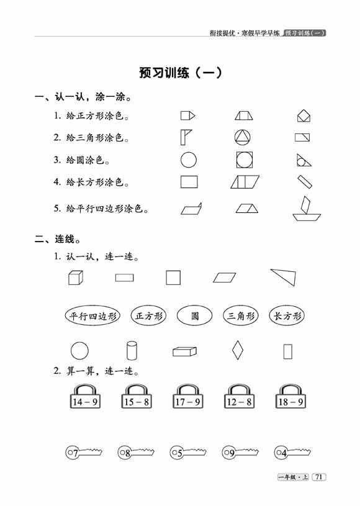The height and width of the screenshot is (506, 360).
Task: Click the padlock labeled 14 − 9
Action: [85, 396]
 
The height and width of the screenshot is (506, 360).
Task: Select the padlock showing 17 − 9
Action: [188, 396]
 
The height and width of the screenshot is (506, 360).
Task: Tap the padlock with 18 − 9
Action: [290, 396]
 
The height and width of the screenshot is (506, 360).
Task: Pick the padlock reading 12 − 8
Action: [239, 396]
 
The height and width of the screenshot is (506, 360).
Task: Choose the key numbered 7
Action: [84, 452]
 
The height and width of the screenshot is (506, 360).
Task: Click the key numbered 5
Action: [187, 452]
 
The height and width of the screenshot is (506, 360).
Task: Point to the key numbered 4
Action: [292, 452]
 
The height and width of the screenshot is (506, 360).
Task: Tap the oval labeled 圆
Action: [194, 315]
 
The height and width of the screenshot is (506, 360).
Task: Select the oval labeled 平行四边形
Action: [92, 315]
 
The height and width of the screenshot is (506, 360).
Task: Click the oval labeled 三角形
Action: [241, 315]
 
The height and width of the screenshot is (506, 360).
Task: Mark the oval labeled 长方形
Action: [287, 315]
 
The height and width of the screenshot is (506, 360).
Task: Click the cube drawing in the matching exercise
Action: [76, 278]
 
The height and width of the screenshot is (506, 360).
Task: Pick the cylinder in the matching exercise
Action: [132, 350]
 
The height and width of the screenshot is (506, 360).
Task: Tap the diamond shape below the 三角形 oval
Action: [238, 350]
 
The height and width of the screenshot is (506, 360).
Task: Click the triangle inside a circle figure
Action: [243, 137]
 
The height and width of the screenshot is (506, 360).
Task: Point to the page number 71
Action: [318, 477]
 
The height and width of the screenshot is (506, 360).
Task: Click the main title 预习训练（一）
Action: [181, 73]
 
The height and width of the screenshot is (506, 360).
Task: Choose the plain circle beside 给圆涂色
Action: [189, 160]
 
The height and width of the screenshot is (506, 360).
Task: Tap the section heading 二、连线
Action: [58, 239]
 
